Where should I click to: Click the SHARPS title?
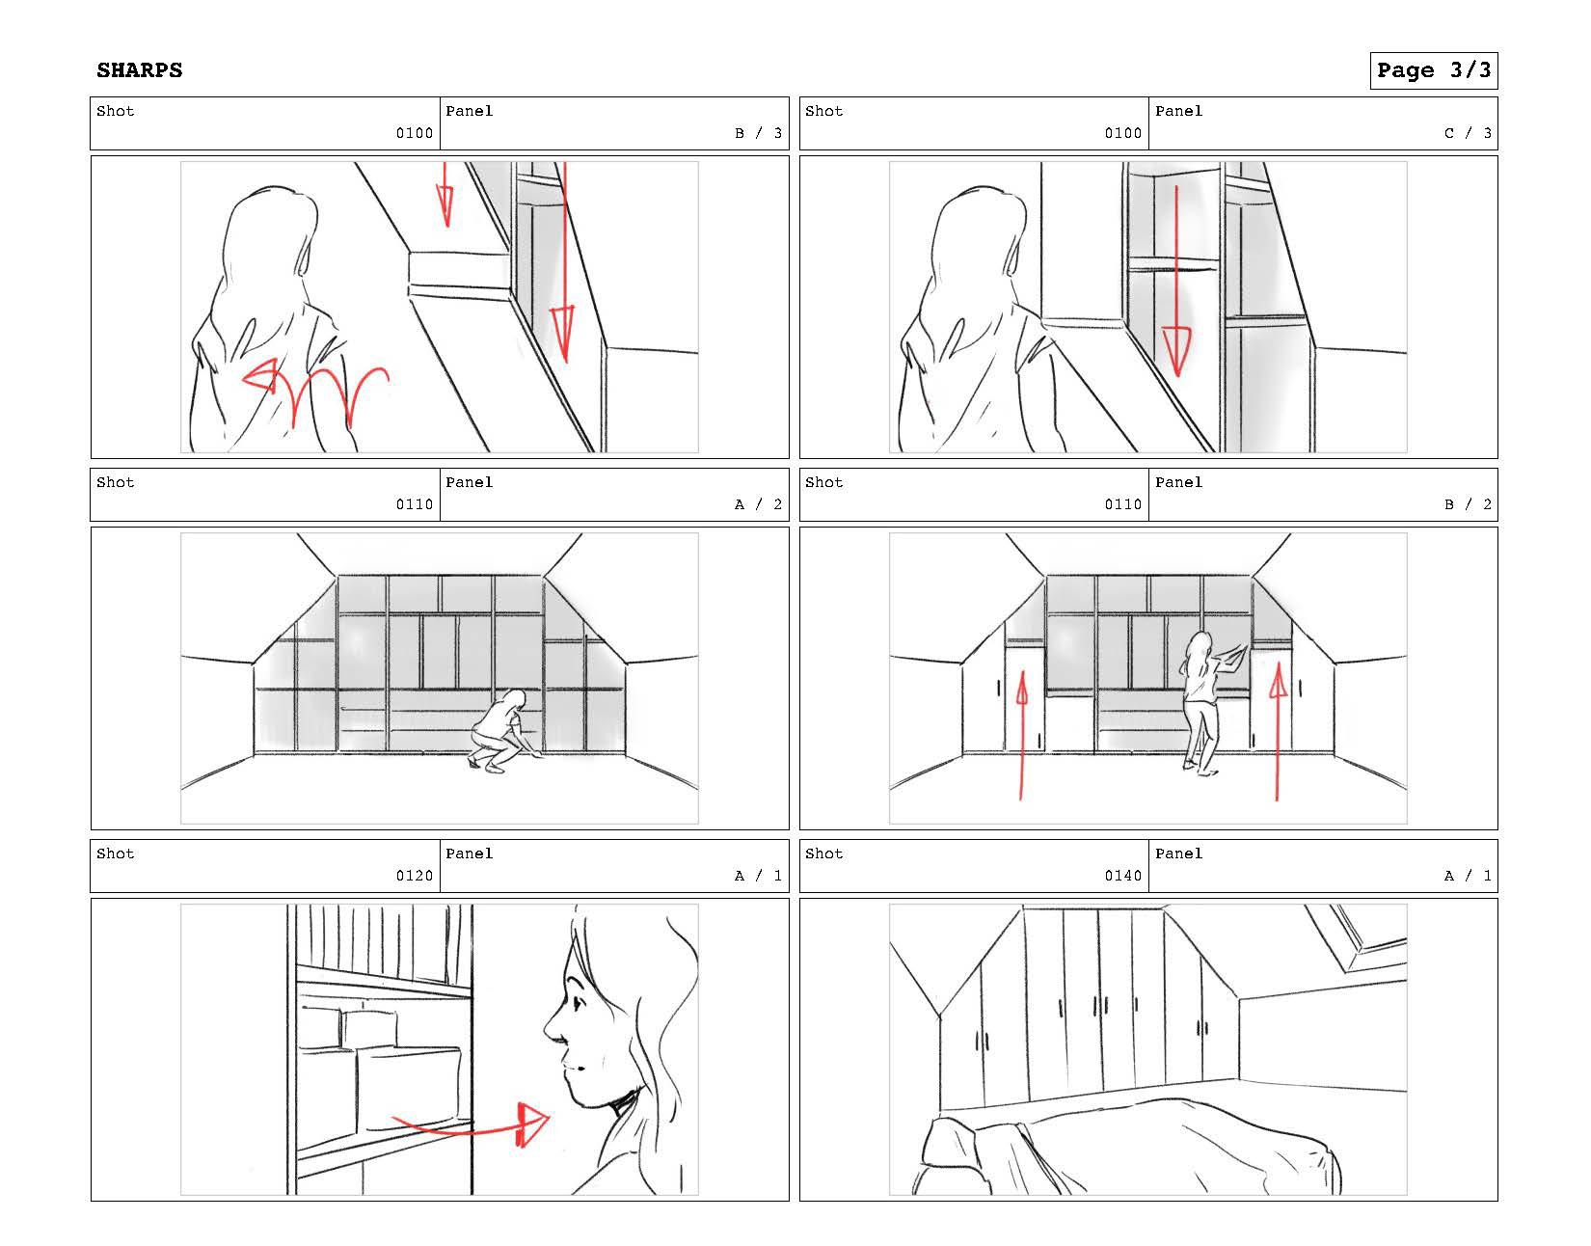[139, 70]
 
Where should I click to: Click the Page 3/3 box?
[1433, 70]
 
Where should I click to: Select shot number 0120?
[415, 876]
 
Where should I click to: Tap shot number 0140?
[1123, 876]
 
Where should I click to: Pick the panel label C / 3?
[1468, 133]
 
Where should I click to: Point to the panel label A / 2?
[759, 504]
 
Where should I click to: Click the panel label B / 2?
[1468, 504]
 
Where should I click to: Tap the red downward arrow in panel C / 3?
[1176, 282]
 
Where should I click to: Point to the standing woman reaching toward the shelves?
[1206, 704]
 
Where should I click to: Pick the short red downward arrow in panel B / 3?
[445, 195]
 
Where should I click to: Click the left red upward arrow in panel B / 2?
[1021, 736]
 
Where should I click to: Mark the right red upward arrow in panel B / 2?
[1278, 731]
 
